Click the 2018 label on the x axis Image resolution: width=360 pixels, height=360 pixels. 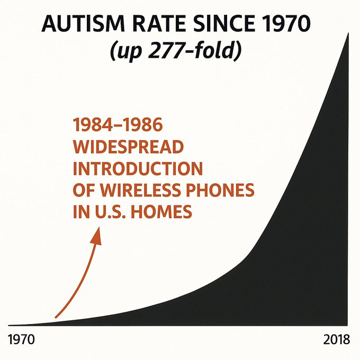336,339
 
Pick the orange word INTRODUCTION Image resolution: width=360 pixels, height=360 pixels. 138,169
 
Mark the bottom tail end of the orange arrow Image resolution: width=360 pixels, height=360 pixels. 56,317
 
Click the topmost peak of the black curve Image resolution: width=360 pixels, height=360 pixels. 348,34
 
